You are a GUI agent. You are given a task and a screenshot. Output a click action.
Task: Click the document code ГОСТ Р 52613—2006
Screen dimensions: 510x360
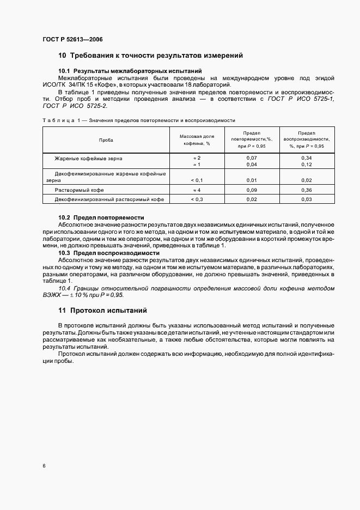click(72, 40)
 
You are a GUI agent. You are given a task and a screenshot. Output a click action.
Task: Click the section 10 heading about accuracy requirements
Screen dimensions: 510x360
click(150, 56)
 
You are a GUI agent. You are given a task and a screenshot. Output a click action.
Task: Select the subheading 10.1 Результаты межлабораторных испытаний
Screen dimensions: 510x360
click(130, 71)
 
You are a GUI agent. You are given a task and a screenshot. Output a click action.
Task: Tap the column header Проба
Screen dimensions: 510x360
click(106, 140)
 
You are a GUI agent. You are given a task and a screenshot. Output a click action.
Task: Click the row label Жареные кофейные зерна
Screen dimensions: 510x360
click(89, 158)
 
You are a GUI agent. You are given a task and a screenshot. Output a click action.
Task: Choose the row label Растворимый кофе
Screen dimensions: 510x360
click(80, 190)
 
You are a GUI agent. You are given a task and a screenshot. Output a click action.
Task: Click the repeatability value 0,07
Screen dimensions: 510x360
click(252, 158)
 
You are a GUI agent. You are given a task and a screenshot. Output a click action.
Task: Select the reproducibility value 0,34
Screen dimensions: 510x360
click(306, 158)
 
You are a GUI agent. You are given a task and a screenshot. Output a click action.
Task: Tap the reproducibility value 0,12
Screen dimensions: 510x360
click(306, 165)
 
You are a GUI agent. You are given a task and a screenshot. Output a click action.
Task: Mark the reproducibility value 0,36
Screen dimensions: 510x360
click(306, 190)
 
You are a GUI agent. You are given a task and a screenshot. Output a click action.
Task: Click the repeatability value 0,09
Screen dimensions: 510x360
click(252, 190)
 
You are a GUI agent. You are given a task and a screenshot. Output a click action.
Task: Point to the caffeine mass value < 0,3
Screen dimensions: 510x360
click(197, 199)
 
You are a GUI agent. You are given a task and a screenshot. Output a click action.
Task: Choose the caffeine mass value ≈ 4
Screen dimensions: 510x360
click(197, 190)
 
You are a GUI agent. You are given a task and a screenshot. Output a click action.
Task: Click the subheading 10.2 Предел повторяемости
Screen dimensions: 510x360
click(101, 217)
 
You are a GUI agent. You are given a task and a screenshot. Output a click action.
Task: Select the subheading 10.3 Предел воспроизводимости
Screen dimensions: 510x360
click(109, 253)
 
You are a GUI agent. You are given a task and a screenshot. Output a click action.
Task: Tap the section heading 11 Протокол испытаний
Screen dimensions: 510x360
click(103, 312)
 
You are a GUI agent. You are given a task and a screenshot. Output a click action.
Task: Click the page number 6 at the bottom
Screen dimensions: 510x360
click(44, 466)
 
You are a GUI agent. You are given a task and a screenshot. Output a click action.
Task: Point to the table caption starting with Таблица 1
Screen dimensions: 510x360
click(138, 120)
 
